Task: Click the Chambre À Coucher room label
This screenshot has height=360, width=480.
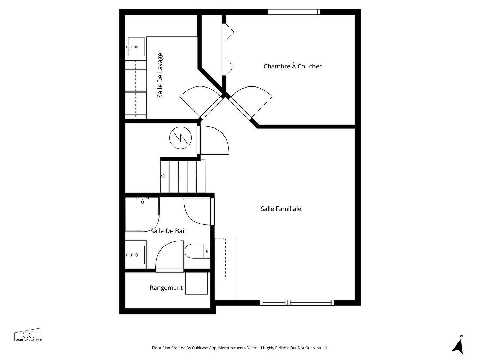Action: pos(292,66)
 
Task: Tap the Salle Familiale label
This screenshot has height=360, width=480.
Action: pos(281,209)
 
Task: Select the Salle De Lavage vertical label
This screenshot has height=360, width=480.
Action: pos(160,76)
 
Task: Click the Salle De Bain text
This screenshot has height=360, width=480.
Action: pos(169,231)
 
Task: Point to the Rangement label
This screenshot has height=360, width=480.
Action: pos(166,288)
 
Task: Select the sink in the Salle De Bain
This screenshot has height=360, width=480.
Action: pos(136,255)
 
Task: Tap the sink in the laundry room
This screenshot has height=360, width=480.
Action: pos(136,47)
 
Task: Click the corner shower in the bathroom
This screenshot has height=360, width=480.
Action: pos(141,214)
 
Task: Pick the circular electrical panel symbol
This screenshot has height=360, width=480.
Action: pos(180,137)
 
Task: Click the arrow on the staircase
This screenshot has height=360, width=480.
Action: pos(163,176)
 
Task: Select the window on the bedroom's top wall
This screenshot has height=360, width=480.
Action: pos(294,12)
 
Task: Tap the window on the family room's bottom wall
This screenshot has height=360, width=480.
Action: pos(297,302)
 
